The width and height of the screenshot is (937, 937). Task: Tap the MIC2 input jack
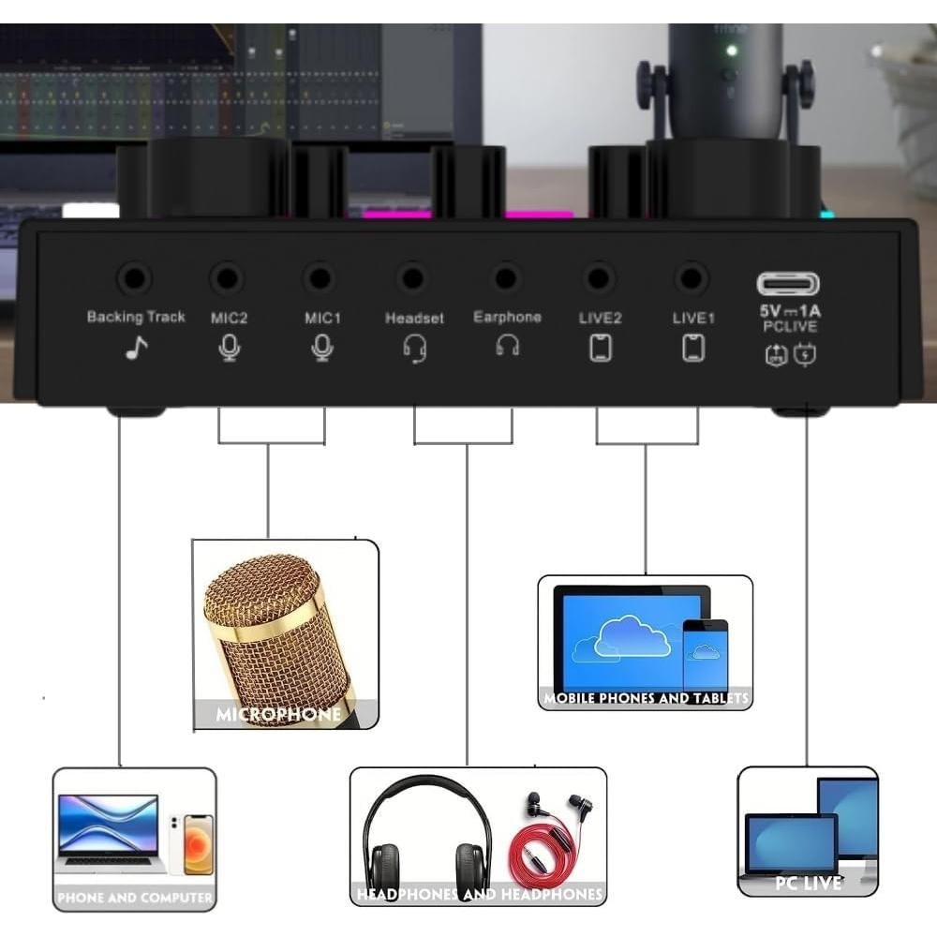pos(227,278)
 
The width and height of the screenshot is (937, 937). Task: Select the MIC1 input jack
pos(320,278)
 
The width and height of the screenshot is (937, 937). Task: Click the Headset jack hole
pos(411,278)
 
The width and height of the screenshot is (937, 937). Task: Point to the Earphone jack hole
pos(507,278)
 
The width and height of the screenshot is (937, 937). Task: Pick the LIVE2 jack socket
pos(598,278)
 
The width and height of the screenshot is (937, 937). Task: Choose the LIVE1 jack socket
pos(692,278)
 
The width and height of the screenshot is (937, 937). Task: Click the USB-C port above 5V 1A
pos(789,283)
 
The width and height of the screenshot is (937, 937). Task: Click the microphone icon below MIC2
pos(229,349)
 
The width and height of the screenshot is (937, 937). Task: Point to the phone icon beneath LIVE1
pos(693,349)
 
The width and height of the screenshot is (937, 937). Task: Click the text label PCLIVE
pos(790,326)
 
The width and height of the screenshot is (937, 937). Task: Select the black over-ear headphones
pos(427,834)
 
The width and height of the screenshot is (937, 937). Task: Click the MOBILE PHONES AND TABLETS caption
pos(647,698)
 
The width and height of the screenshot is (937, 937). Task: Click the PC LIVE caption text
pos(808,883)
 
